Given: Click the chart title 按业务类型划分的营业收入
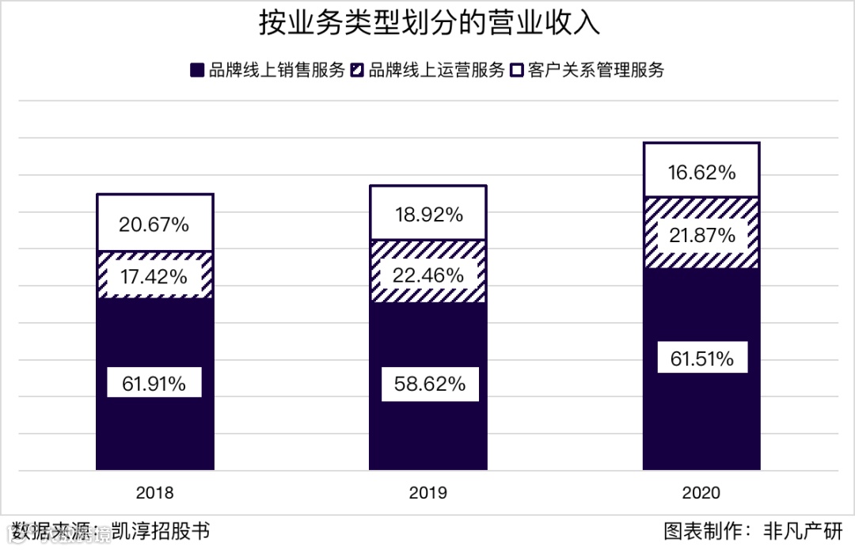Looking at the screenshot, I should (429, 24).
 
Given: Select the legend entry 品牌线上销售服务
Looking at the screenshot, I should (276, 70).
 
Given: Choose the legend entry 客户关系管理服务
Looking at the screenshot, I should (597, 70).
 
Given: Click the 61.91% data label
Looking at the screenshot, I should (154, 384).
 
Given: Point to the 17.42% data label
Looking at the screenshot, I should (154, 277).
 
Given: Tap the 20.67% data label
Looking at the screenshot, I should (154, 225).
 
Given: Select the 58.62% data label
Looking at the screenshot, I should (428, 385).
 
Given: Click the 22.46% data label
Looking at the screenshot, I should (428, 275).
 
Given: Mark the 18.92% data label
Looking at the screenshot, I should (428, 214).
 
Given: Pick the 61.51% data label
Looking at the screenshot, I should (701, 359).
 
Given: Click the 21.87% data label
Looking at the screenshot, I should (701, 235).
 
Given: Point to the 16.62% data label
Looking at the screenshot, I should (701, 172).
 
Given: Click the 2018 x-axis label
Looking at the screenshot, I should (154, 493).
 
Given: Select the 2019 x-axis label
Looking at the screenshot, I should (428, 493).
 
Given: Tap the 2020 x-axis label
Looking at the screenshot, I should (701, 493).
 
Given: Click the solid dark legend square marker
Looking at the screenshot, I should (196, 70).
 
